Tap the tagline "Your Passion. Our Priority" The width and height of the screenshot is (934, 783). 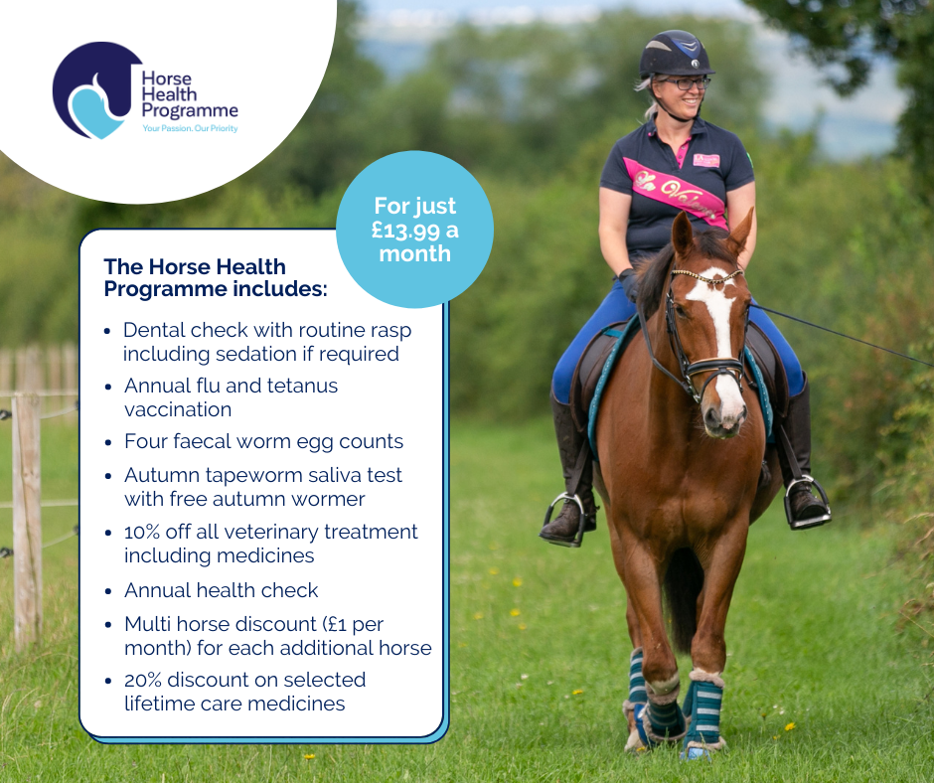pyautogui.click(x=190, y=128)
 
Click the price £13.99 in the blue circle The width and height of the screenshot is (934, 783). pyautogui.click(x=405, y=231)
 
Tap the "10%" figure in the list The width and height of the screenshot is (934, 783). pyautogui.click(x=141, y=533)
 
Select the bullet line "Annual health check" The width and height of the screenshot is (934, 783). pyautogui.click(x=221, y=590)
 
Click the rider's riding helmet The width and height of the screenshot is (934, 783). pyautogui.click(x=676, y=55)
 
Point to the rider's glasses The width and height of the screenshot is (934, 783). pyautogui.click(x=688, y=83)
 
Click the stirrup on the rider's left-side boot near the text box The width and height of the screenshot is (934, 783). pyautogui.click(x=564, y=519)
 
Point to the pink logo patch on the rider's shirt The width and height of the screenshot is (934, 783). pyautogui.click(x=706, y=160)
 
